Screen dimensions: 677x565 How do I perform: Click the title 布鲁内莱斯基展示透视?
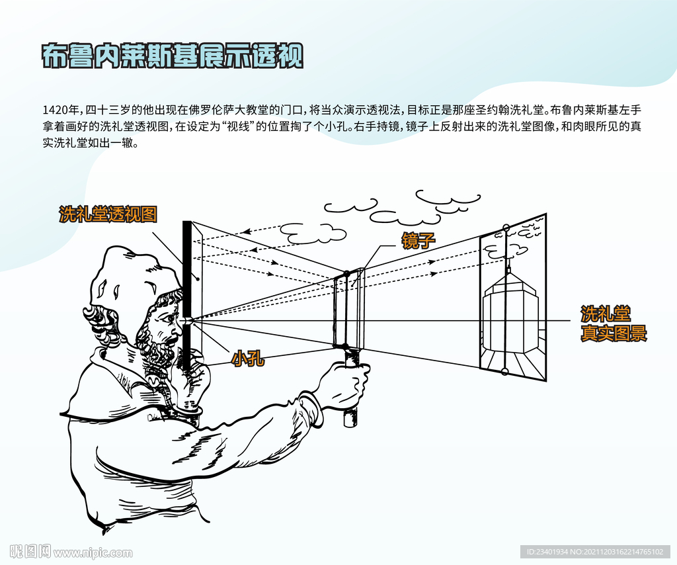(173, 56)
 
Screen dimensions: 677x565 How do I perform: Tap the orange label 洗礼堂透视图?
(108, 214)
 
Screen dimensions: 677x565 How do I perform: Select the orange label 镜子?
(418, 241)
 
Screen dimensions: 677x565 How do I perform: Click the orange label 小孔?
(248, 359)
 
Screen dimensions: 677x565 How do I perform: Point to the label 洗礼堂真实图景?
(614, 324)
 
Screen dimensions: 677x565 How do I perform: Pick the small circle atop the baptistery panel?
(506, 228)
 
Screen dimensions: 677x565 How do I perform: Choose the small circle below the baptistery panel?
(504, 371)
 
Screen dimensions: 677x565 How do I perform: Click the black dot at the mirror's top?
(346, 273)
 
